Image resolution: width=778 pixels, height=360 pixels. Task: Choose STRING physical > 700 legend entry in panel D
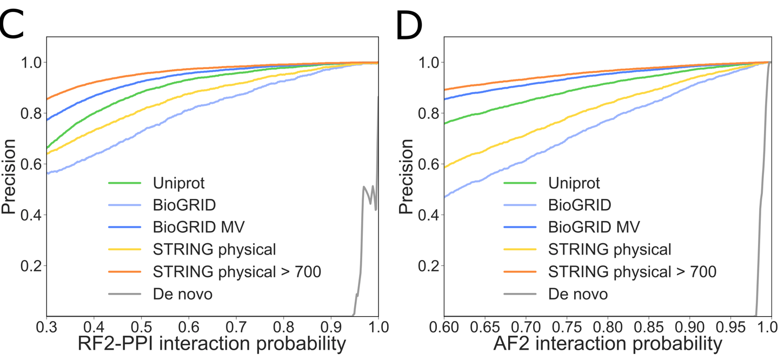(x=632, y=272)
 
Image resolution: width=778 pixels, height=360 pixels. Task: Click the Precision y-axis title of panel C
(x=9, y=177)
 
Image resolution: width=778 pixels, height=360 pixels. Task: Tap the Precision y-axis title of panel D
(x=407, y=177)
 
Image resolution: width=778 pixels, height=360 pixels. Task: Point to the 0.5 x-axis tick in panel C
(x=141, y=327)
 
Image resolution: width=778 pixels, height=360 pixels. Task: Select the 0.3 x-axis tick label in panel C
(x=46, y=327)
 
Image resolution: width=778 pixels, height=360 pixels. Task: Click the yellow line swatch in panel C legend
(x=125, y=250)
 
